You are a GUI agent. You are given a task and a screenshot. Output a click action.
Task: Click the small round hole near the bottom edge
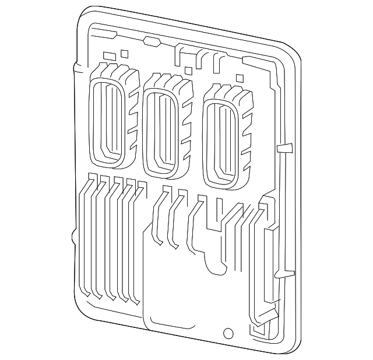tap(228, 335)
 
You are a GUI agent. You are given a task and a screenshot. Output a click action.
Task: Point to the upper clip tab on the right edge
tap(285, 146)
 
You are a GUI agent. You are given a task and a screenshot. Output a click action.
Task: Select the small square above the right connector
tap(239, 78)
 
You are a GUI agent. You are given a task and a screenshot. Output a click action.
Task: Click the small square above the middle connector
tap(188, 71)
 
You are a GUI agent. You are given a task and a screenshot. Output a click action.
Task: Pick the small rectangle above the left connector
tap(108, 56)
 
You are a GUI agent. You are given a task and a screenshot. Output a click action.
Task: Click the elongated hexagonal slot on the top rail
tap(151, 41)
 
